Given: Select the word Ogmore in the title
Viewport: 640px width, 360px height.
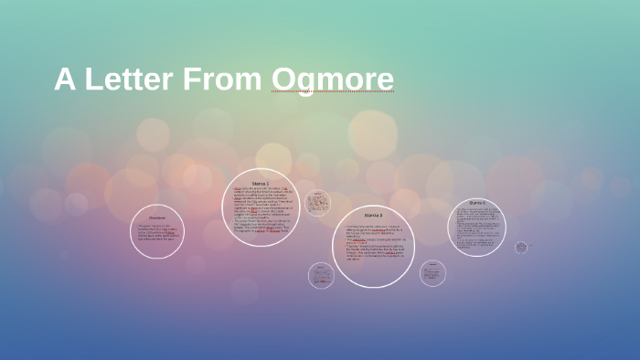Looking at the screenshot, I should [x=333, y=79].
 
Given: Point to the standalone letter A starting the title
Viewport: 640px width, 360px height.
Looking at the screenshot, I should [x=64, y=79].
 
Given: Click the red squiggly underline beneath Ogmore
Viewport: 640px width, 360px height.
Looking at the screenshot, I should [x=333, y=92].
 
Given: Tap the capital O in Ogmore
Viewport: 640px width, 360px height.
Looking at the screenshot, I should [x=283, y=79].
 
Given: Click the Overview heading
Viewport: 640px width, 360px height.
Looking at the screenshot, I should [x=157, y=217].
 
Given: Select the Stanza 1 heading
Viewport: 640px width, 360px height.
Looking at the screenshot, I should [x=261, y=183].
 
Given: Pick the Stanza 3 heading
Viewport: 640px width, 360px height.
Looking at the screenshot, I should [x=373, y=215].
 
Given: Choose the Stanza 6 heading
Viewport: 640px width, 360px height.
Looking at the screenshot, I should [x=477, y=203].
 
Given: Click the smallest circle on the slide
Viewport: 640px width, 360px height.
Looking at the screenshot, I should [x=521, y=248].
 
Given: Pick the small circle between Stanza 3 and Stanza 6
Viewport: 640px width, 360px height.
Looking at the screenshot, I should [x=432, y=273].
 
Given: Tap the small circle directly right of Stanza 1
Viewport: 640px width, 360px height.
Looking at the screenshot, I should [x=317, y=203].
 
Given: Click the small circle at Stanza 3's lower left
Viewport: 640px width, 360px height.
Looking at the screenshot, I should [x=321, y=275].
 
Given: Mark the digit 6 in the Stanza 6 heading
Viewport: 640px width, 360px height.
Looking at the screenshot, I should [x=485, y=203].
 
